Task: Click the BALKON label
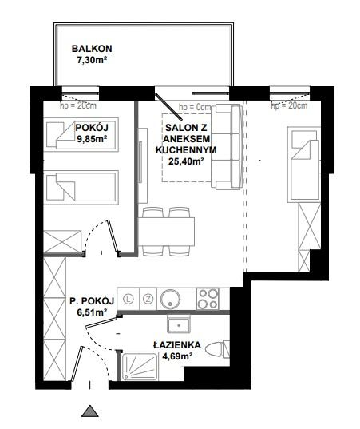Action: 92,49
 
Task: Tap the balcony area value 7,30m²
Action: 92,60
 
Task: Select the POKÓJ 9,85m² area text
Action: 92,133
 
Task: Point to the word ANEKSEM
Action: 187,139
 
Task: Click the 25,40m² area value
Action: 186,161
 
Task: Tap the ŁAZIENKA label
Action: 177,345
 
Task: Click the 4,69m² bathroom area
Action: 177,356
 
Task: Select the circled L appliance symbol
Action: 129,299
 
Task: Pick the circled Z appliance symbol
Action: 148,299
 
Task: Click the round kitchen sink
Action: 170,299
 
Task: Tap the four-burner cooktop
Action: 208,299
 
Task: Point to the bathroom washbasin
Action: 179,324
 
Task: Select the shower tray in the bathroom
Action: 140,367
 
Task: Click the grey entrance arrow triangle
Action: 90,411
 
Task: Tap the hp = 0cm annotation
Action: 196,107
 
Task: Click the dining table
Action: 166,232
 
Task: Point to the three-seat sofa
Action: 227,147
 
